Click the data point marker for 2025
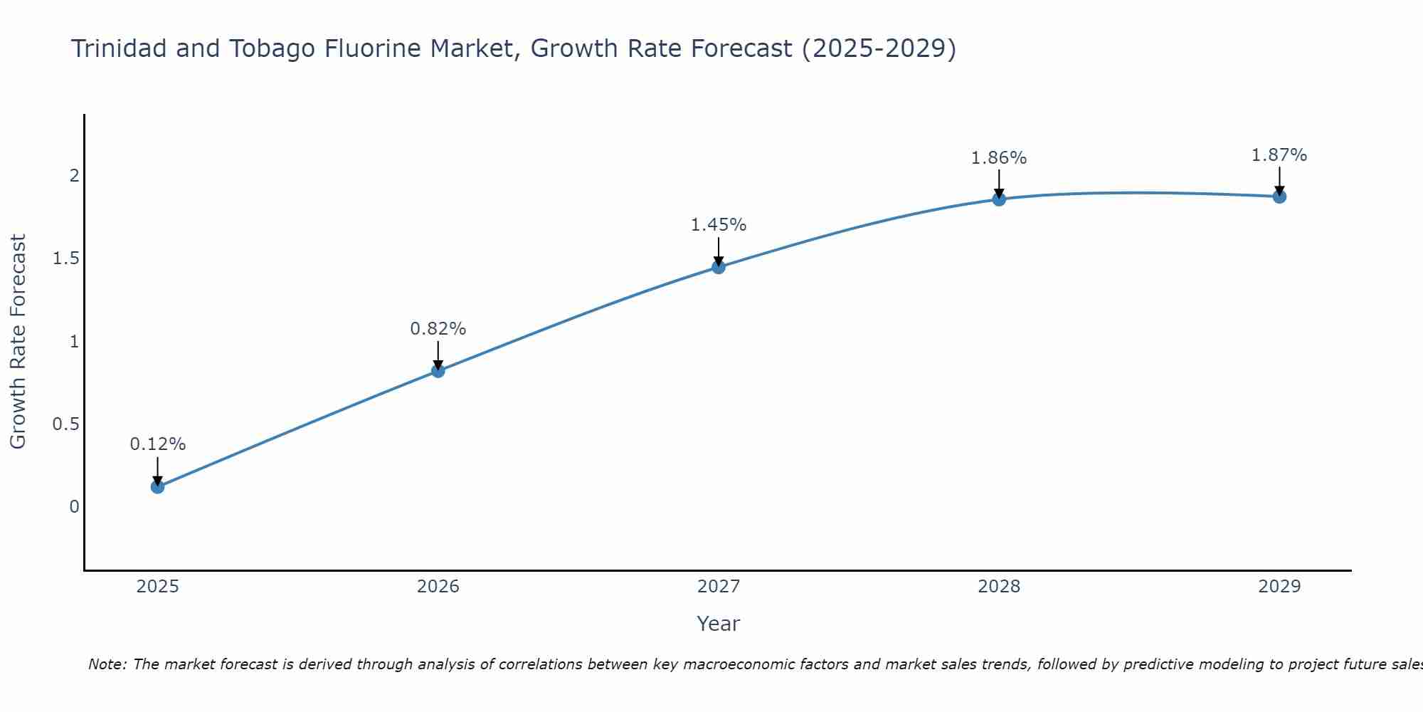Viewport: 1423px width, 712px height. tap(158, 487)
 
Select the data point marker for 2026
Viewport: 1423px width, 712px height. tap(438, 371)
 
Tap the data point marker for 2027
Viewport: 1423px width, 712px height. tap(719, 267)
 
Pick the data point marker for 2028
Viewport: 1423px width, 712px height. tap(999, 199)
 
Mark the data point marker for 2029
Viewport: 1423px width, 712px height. tap(1279, 197)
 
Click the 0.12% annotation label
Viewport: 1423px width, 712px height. tap(158, 444)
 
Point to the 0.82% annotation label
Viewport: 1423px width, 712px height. tap(438, 329)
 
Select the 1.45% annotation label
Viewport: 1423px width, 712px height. tap(719, 225)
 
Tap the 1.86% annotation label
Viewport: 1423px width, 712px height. tap(999, 158)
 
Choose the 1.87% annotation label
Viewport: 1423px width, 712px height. tap(1279, 155)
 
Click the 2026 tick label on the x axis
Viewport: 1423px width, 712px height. tap(438, 587)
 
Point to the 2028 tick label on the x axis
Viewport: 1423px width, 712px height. tap(999, 587)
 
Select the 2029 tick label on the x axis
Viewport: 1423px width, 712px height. tap(1279, 587)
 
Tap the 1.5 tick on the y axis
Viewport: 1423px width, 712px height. tap(65, 258)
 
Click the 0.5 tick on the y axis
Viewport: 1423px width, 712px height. tap(65, 424)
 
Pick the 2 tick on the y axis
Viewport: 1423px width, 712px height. tap(74, 176)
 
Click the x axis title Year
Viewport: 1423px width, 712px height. tap(719, 624)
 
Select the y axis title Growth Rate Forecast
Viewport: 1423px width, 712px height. tap(18, 342)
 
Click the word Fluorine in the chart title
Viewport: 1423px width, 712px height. tap(369, 49)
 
